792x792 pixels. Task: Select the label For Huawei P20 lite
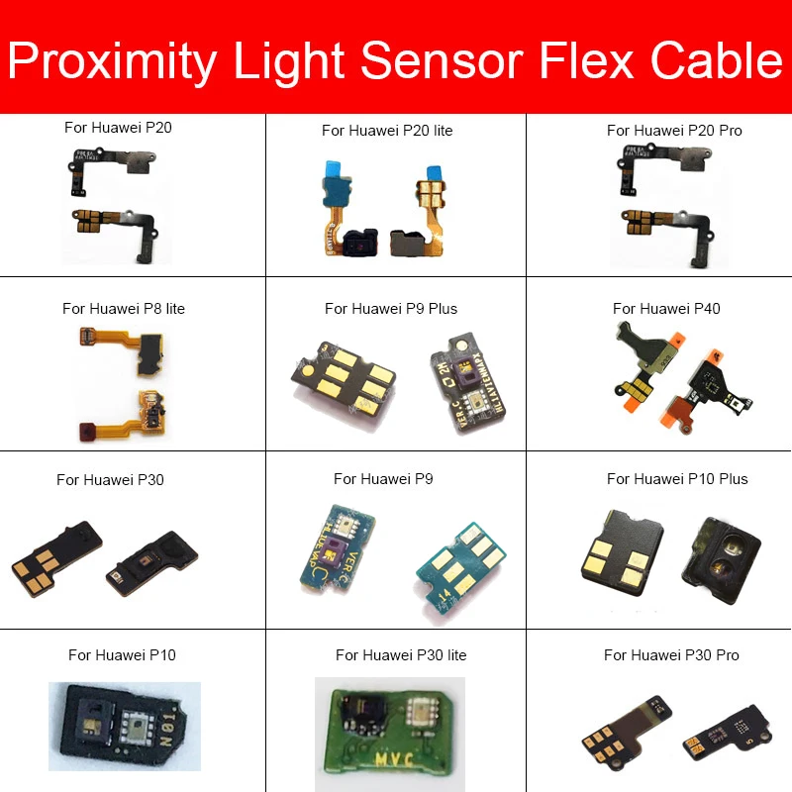(387, 131)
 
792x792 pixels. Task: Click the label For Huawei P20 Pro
(674, 131)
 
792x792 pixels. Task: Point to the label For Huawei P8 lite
(124, 308)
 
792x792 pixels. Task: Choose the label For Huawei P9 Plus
(391, 308)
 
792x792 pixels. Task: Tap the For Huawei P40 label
(666, 308)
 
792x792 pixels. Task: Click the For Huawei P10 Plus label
(677, 479)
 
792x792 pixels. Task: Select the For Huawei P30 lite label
(401, 655)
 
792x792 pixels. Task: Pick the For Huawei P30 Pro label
(671, 655)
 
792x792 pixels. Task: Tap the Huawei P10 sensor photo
(125, 728)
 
